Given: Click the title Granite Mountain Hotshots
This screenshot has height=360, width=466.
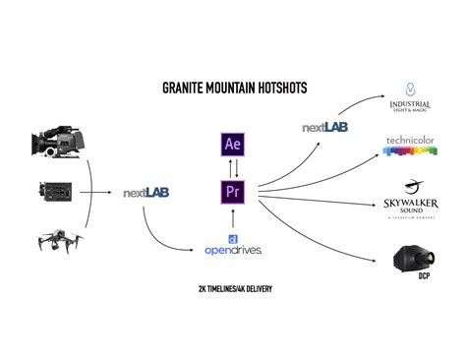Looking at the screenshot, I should (x=234, y=89).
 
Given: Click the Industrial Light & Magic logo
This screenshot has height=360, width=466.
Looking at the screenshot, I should (x=409, y=101).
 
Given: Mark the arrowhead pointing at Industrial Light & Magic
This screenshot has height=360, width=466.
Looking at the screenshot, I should (x=384, y=96).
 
